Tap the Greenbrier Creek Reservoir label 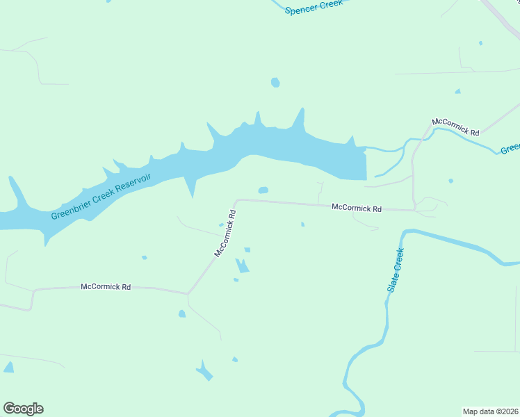[101, 197]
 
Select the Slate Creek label [395, 270]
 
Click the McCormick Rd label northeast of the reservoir [455, 126]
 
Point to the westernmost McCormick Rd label [106, 286]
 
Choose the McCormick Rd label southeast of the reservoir [357, 208]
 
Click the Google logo [23, 409]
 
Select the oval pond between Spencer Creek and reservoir [275, 83]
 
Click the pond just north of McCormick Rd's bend [263, 190]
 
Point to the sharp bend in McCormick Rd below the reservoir [237, 201]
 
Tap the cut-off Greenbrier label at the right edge [510, 148]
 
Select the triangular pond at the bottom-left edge [8, 368]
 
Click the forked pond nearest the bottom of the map [204, 372]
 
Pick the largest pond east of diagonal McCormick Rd [241, 266]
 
